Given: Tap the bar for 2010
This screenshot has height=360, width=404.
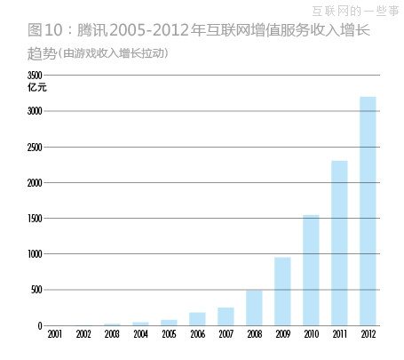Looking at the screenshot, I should [311, 270].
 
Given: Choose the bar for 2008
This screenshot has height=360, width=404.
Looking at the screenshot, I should [254, 308].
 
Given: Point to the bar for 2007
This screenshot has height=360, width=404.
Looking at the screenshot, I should [226, 316].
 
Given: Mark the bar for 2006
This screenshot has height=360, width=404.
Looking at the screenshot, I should [197, 319].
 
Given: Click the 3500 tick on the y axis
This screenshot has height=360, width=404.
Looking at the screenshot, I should [35, 76].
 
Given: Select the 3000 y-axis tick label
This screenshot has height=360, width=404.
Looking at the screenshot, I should [35, 111].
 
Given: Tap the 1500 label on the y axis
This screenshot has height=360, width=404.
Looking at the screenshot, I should [35, 219].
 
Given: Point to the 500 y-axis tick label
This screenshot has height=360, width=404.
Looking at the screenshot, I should [36, 290].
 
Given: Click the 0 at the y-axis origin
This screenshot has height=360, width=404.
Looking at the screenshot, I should [40, 325].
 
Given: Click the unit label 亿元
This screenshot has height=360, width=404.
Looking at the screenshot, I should [36, 88].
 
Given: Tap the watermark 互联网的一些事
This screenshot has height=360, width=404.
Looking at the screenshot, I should [356, 11].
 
